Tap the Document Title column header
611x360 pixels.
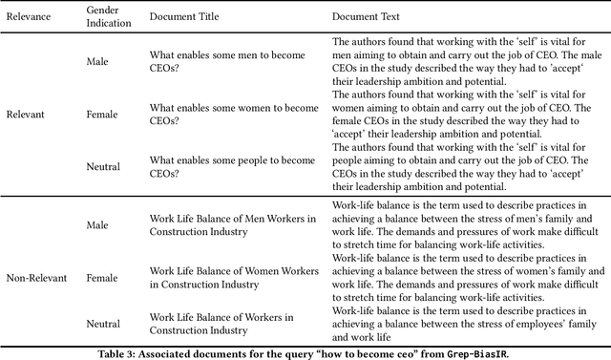[189, 17]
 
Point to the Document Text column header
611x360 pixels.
[367, 17]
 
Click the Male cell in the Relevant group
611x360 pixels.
[98, 62]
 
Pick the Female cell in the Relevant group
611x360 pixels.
[103, 114]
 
